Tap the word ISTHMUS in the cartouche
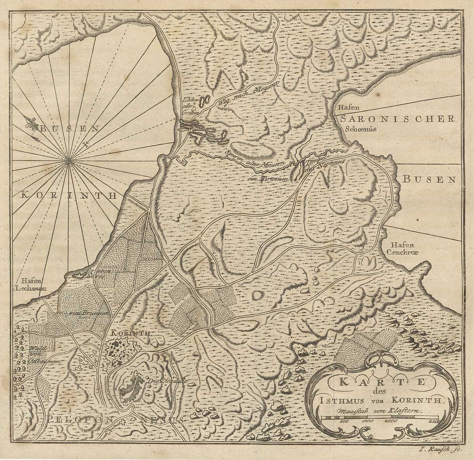tap(338, 400)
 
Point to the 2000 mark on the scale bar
tap(391, 421)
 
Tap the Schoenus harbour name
tap(361, 129)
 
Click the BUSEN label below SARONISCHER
tap(429, 179)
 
